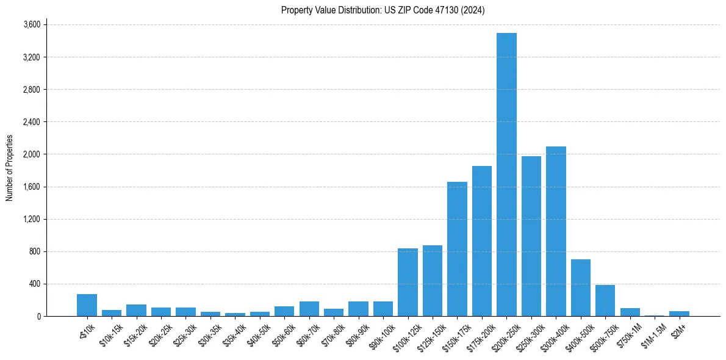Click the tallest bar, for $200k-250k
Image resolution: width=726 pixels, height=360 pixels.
tap(506, 175)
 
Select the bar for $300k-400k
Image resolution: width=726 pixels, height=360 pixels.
tap(556, 231)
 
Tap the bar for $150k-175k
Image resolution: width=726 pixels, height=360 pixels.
tap(457, 249)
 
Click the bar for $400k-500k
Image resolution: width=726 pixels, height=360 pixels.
tap(580, 287)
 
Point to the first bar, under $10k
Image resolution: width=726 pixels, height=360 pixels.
tap(87, 305)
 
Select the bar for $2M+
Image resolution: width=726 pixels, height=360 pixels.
tap(679, 314)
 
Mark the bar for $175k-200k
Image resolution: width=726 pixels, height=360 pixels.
tap(482, 241)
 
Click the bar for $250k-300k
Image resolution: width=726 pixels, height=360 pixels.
tap(531, 236)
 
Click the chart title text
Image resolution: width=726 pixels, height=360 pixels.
tap(383, 10)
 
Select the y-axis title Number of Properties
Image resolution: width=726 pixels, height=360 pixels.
tap(10, 168)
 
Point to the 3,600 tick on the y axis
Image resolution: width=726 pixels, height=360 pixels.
tap(31, 25)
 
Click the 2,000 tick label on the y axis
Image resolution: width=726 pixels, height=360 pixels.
tap(31, 154)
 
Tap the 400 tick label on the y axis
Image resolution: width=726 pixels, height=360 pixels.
tap(34, 284)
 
